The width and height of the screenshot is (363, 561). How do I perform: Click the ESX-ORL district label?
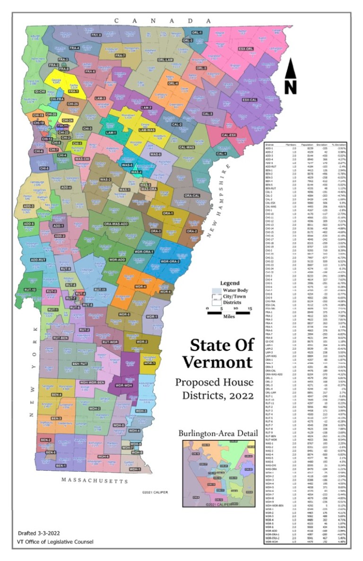246,49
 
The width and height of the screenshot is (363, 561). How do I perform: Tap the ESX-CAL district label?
249,100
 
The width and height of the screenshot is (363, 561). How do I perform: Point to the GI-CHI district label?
40,91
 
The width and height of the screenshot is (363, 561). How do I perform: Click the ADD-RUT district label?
37,259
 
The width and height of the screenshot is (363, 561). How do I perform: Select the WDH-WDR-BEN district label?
92,381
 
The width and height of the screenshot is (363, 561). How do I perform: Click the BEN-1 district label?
60,466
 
